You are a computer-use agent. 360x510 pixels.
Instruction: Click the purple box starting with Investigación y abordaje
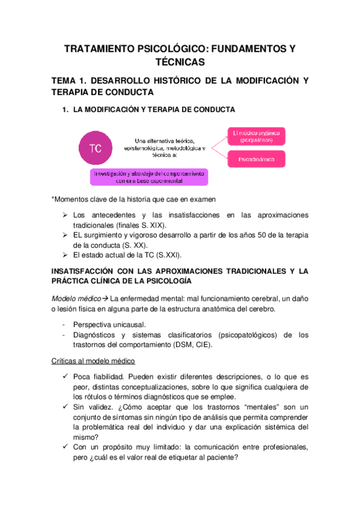coord(149,176)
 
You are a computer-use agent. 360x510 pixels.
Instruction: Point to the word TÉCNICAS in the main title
coord(180,62)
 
